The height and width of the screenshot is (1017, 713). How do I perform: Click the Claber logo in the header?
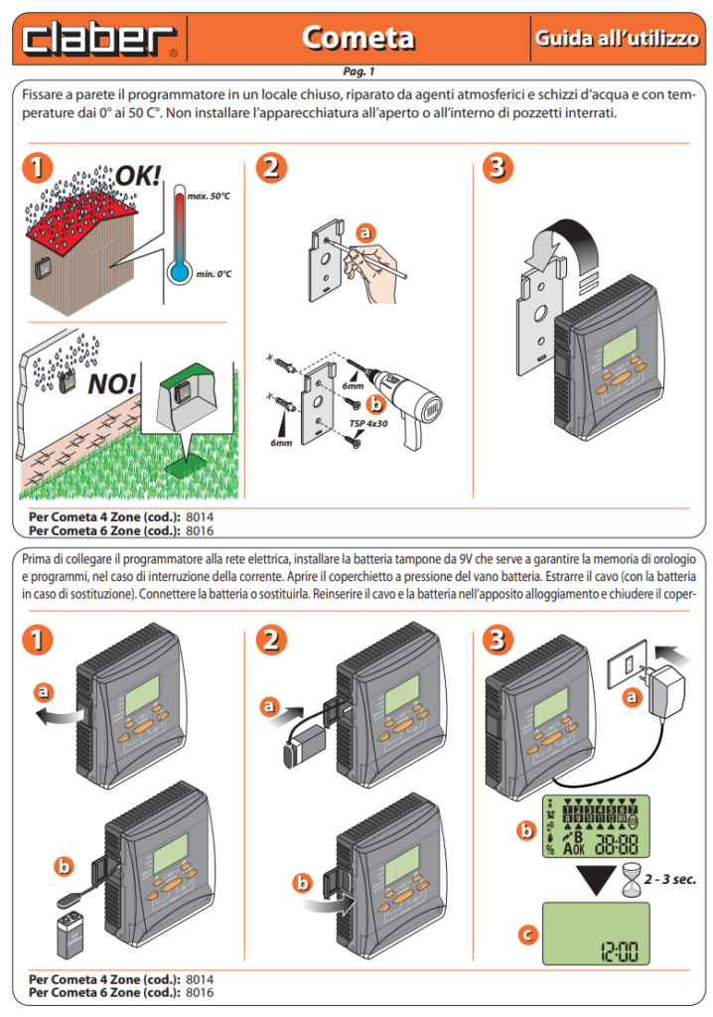click(99, 38)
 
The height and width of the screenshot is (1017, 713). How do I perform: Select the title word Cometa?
click(358, 38)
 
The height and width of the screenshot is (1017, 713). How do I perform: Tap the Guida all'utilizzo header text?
click(617, 38)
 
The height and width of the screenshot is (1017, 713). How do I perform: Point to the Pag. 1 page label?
click(356, 72)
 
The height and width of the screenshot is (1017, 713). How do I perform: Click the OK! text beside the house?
click(138, 176)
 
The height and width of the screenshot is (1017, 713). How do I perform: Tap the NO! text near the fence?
click(111, 383)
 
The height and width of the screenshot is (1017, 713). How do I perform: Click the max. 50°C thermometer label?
click(209, 198)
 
